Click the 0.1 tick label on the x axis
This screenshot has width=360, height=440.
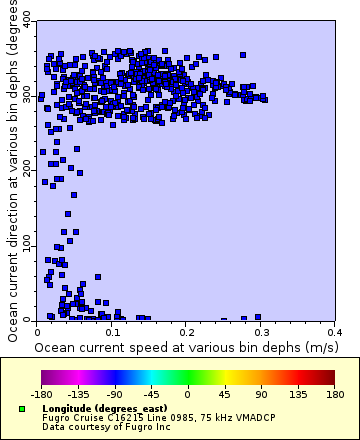click(112, 330)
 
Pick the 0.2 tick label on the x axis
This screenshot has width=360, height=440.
click(187, 330)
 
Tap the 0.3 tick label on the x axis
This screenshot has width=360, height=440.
click(261, 330)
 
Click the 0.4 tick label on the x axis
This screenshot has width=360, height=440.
click(335, 330)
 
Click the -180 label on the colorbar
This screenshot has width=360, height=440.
click(41, 395)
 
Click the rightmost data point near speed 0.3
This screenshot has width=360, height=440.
click(263, 98)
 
